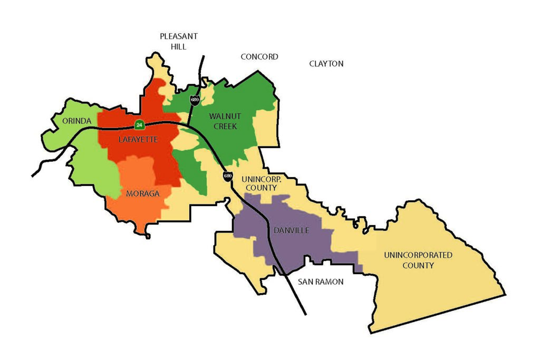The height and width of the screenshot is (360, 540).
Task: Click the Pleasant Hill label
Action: pos(179,41)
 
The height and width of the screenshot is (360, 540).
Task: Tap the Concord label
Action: pos(259,56)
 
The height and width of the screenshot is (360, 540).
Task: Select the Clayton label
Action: pos(326,64)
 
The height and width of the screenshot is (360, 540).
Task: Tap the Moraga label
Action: pos(142,193)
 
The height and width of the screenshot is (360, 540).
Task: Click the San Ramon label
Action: pos(321,282)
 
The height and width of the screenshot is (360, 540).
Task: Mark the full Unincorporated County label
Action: pos(418,260)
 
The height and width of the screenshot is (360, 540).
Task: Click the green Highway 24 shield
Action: pos(139,125)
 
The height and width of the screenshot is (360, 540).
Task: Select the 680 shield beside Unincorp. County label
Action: pos(227,176)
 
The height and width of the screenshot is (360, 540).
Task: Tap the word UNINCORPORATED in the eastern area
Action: pos(418,255)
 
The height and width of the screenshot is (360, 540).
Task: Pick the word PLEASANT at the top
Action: pos(179,36)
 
